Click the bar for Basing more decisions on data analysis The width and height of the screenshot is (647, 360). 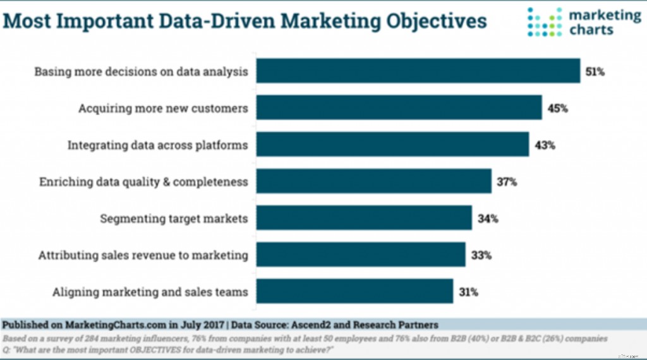418,71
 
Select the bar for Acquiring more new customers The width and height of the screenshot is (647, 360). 399,108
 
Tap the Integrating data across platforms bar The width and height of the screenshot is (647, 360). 392,145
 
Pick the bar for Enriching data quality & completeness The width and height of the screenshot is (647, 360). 374,182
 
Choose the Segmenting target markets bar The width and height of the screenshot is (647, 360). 364,219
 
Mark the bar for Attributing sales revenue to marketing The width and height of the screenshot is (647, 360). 361,255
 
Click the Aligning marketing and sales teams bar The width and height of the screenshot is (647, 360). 354,292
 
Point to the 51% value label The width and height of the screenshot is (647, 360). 595,72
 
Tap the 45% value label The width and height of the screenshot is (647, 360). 557,109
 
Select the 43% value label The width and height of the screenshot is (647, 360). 545,145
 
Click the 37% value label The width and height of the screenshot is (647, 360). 507,183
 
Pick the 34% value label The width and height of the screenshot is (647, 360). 488,219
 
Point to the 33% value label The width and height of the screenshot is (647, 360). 481,256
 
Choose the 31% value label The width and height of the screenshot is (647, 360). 468,292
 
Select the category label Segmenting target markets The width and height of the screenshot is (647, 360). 174,219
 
